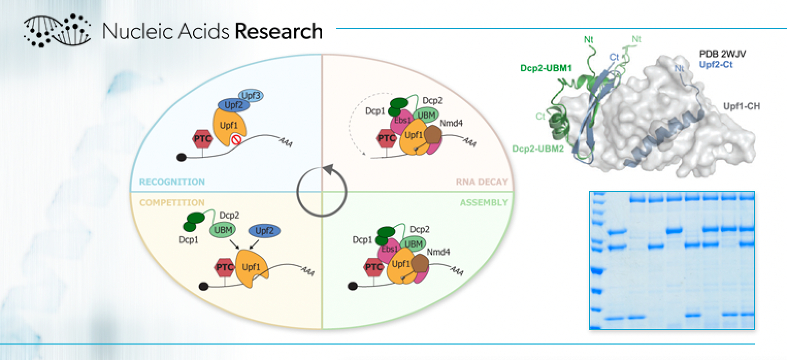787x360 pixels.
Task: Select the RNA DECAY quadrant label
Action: click(482, 182)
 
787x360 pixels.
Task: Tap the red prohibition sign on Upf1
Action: click(236, 139)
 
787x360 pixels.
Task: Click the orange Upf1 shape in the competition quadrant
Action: click(252, 268)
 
